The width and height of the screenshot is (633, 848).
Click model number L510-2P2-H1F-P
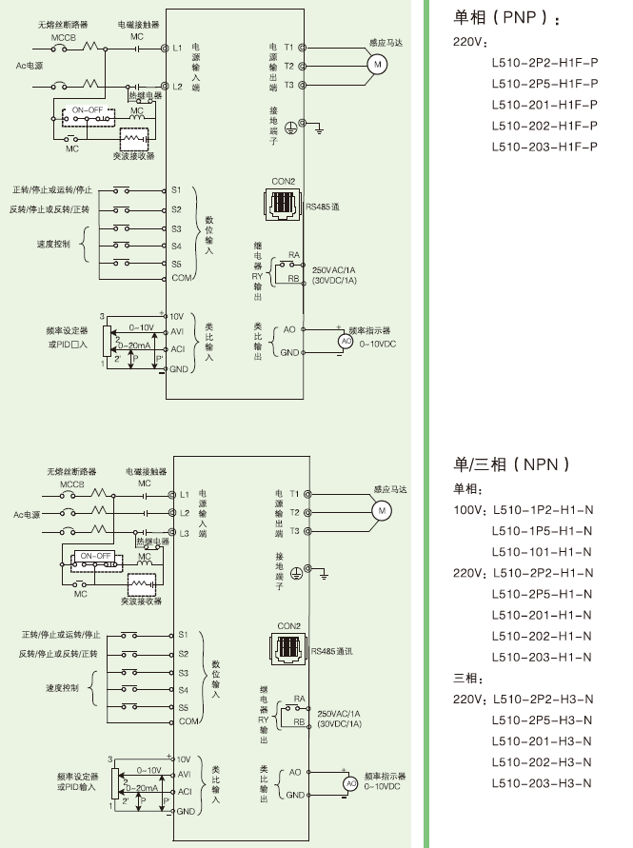(544, 63)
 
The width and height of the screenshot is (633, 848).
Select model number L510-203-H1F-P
(544, 147)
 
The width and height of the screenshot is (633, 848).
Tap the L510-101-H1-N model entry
(542, 552)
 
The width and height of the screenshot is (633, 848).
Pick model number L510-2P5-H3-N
(542, 720)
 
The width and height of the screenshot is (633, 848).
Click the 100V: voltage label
(469, 510)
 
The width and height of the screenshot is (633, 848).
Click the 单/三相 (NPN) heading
(512, 464)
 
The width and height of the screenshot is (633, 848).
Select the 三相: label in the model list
(466, 678)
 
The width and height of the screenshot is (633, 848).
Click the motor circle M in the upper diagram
(377, 64)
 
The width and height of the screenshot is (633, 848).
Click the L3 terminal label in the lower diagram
(185, 533)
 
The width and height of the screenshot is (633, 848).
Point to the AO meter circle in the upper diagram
(346, 341)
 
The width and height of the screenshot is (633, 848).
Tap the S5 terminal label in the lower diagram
(183, 707)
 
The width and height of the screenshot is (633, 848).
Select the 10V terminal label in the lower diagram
(184, 759)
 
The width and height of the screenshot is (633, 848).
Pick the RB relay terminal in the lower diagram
(299, 723)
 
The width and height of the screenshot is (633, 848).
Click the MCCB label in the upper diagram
(63, 37)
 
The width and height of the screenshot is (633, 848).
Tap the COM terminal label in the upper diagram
(181, 278)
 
